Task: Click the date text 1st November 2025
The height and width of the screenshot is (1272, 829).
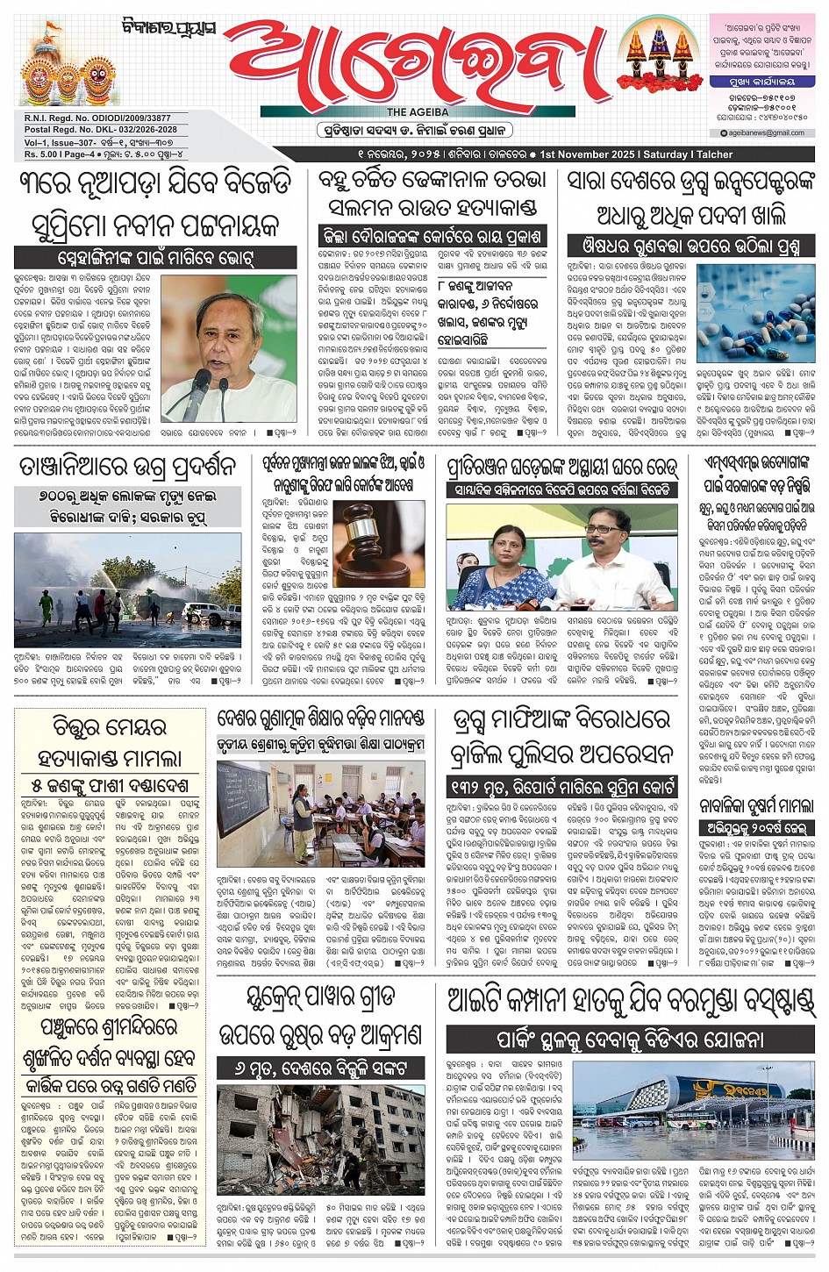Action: pyautogui.click(x=587, y=154)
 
